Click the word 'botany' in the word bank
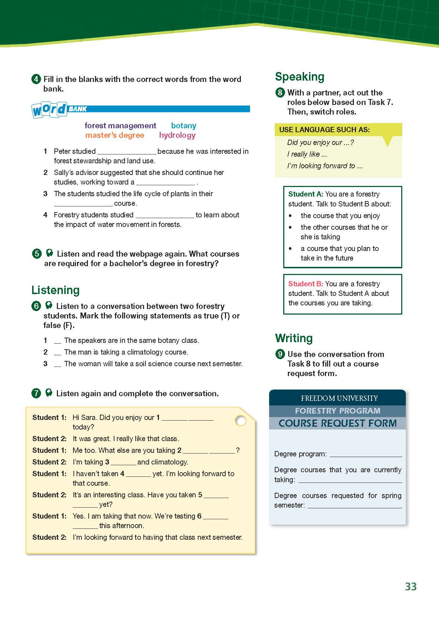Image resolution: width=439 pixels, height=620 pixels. pyautogui.click(x=183, y=125)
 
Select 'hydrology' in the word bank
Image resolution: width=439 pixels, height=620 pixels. pyautogui.click(x=177, y=135)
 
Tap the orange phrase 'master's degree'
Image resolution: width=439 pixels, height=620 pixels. pyautogui.click(x=114, y=135)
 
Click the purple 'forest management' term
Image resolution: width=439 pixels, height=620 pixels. pyautogui.click(x=120, y=125)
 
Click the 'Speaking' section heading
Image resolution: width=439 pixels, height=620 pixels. pyautogui.click(x=299, y=77)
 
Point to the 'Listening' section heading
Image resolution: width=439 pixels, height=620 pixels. pyautogui.click(x=55, y=290)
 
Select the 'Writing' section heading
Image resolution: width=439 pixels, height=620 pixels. pyautogui.click(x=293, y=338)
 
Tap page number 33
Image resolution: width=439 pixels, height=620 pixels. pyautogui.click(x=411, y=586)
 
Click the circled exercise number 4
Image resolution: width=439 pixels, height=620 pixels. pyautogui.click(x=36, y=79)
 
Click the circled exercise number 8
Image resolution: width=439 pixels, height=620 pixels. pyautogui.click(x=280, y=93)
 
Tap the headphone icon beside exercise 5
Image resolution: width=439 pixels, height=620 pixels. pyautogui.click(x=49, y=253)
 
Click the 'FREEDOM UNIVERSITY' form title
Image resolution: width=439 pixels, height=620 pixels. pyautogui.click(x=339, y=398)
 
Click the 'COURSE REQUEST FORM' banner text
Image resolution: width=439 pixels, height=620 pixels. pyautogui.click(x=337, y=423)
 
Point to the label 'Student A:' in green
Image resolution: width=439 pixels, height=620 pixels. pyautogui.click(x=305, y=194)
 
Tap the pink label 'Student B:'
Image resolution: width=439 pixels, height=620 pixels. pyautogui.click(x=305, y=284)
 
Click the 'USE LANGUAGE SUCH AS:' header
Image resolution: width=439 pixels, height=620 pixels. pyautogui.click(x=324, y=130)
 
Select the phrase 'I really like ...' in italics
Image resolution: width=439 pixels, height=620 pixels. pyautogui.click(x=307, y=154)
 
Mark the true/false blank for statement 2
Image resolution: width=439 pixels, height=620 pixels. pyautogui.click(x=57, y=352)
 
